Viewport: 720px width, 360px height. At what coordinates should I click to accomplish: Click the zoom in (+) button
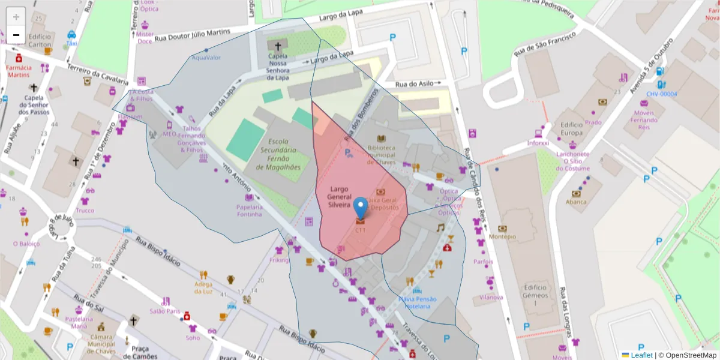[x=16, y=17]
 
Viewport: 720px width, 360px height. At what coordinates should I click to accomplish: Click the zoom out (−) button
[x=16, y=35]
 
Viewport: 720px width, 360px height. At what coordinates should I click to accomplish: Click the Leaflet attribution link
[x=641, y=355]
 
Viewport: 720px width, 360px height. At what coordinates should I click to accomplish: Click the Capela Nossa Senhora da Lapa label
[x=277, y=66]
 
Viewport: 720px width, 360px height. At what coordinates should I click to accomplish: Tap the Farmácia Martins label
[x=18, y=71]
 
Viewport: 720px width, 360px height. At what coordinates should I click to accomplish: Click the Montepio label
[x=502, y=236]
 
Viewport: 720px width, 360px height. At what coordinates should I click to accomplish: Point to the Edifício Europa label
[x=571, y=128]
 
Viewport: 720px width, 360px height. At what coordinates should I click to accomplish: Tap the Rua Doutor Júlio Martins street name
[x=192, y=35]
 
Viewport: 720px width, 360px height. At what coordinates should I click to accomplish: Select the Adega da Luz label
[x=203, y=287]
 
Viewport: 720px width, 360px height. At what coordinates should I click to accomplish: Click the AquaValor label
[x=206, y=58]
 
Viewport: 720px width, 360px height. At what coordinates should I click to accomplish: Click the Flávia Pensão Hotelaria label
[x=418, y=302]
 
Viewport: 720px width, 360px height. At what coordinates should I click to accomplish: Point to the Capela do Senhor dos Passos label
[x=34, y=105]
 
